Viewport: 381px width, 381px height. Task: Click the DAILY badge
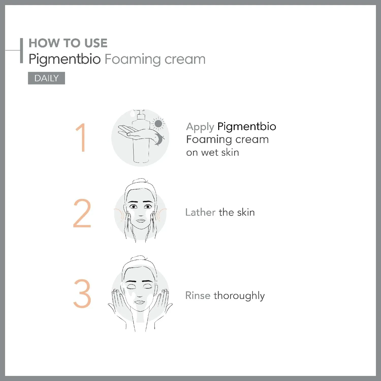pos(46,78)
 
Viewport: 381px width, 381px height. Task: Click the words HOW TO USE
pos(68,43)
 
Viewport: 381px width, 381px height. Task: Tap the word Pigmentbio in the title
pos(65,59)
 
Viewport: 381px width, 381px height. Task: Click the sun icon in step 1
pos(158,124)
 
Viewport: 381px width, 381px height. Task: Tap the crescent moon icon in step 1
pos(159,139)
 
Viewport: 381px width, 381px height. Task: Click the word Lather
pos(200,212)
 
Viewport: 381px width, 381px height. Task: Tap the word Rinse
pos(198,295)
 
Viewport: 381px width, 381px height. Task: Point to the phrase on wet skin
pos(213,152)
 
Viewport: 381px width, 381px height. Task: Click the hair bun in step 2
pos(140,181)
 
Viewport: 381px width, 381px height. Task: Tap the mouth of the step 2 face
pos(140,220)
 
